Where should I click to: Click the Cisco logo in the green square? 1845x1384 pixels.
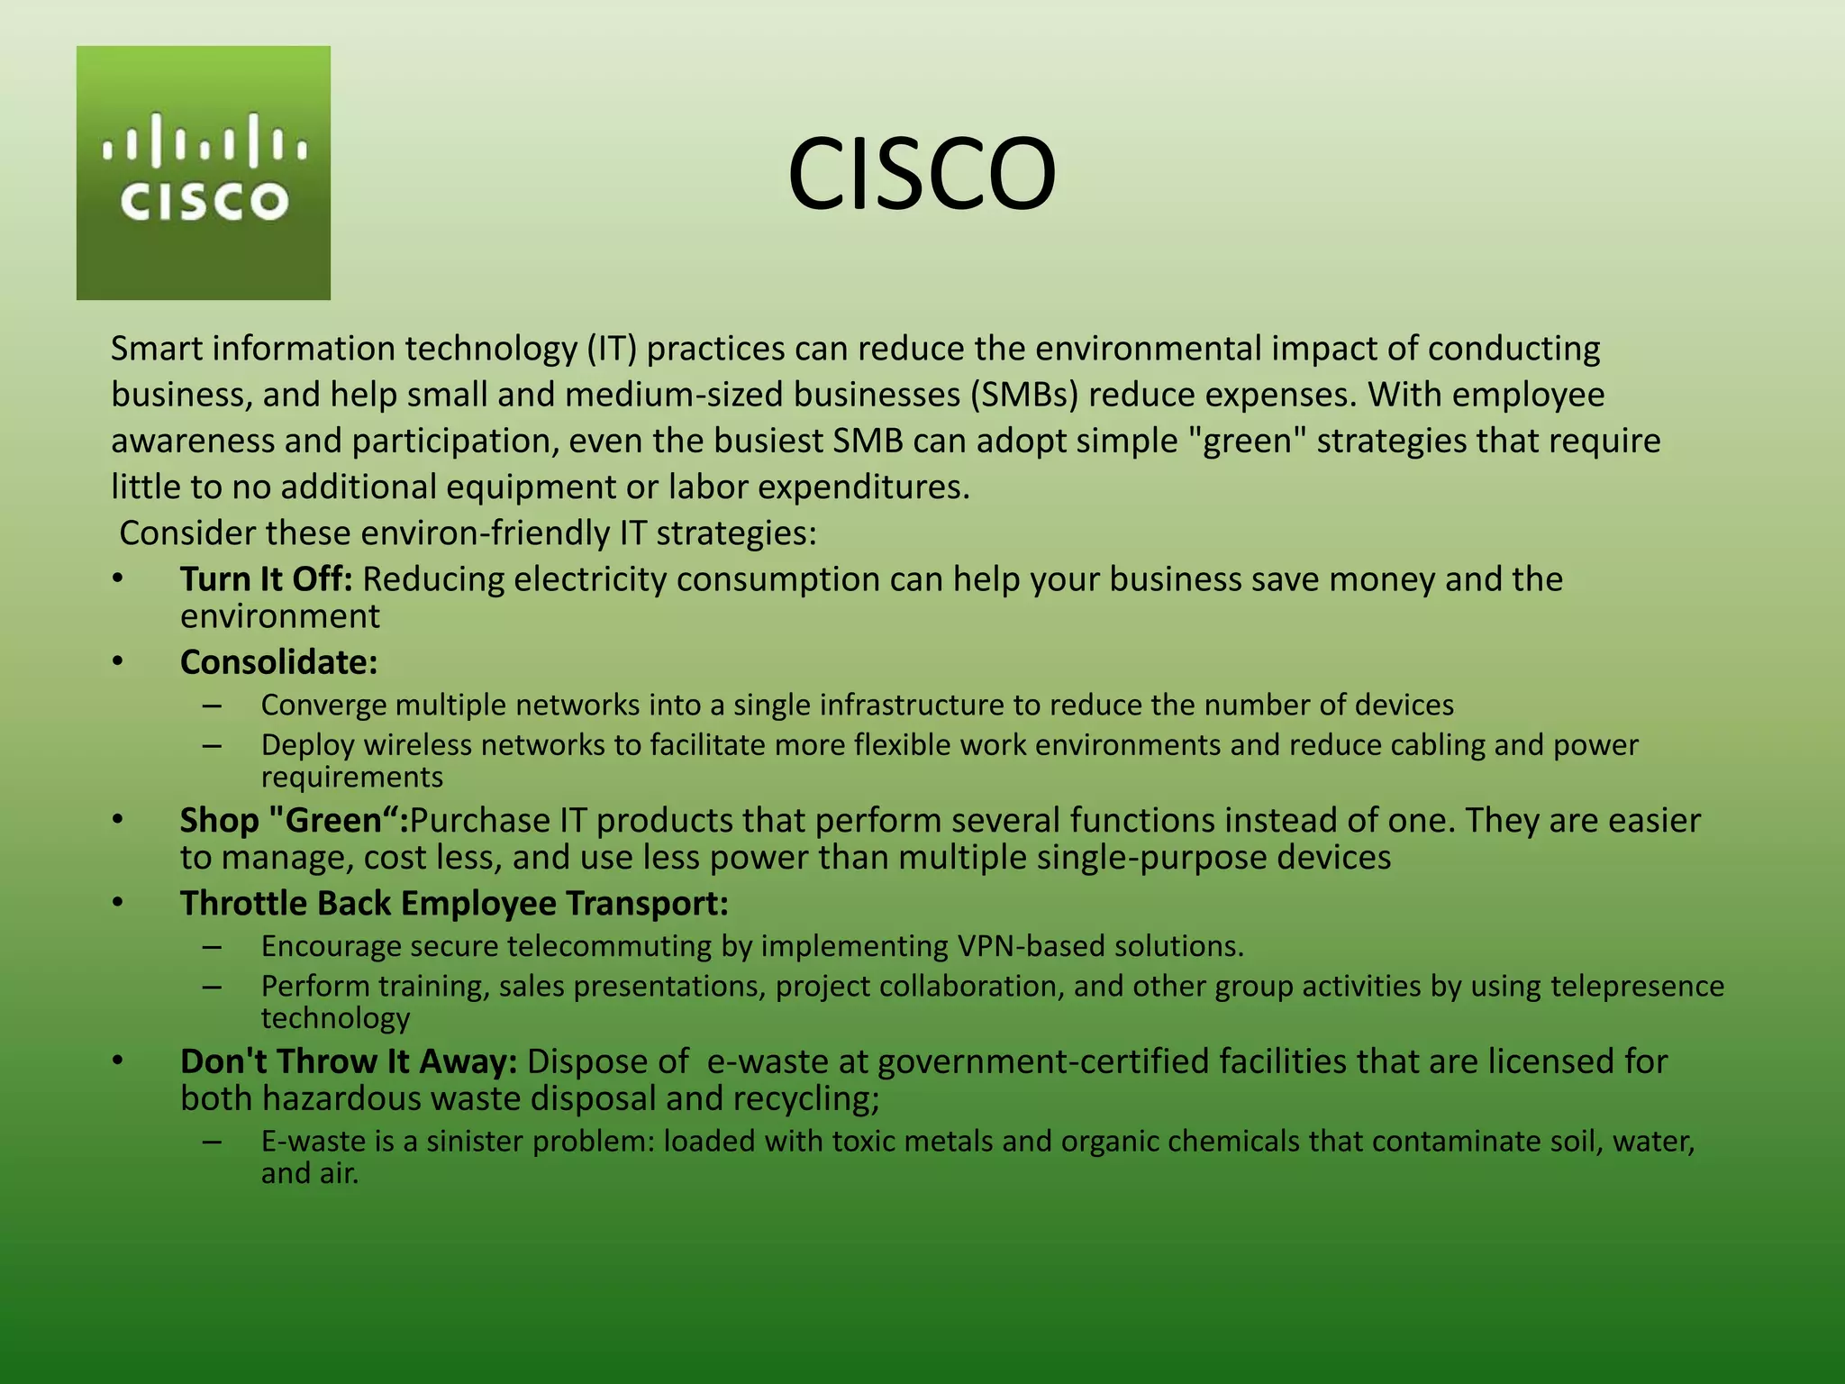pos(204,172)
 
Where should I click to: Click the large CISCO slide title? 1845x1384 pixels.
pos(921,174)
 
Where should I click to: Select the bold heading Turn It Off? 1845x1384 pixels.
pos(266,579)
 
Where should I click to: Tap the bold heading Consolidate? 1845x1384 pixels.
pos(278,662)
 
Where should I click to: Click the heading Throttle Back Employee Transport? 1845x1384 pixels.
pos(454,904)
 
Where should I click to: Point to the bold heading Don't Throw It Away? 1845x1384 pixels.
pos(349,1061)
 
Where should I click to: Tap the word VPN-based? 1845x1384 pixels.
pos(1031,946)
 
